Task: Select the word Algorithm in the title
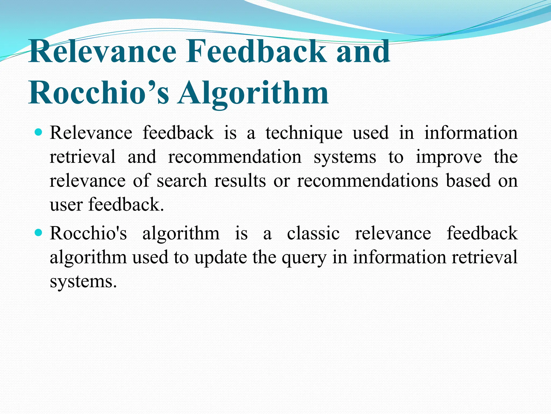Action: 253,93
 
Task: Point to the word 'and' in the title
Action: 363,51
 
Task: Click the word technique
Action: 304,133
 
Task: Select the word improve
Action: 449,157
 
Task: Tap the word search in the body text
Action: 182,181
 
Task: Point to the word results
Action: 240,181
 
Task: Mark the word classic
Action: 313,233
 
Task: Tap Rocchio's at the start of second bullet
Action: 88,233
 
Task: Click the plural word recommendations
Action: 368,181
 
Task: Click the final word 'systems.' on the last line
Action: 83,282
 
